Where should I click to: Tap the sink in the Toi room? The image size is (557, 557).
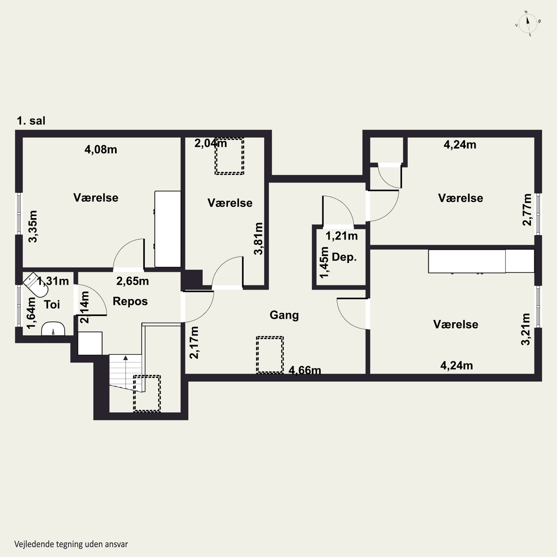point(53,329)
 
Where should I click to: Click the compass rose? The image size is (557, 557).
point(528,24)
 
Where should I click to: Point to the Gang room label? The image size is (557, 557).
point(284,315)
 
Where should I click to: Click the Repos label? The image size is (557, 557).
point(130,302)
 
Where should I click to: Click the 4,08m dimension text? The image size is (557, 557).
point(101,149)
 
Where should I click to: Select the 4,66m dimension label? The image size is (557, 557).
point(305,370)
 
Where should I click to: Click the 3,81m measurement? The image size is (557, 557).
point(258,239)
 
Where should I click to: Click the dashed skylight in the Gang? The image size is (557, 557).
point(270,355)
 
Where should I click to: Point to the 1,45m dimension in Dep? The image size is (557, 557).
point(324,262)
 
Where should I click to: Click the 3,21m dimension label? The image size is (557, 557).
point(526,329)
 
